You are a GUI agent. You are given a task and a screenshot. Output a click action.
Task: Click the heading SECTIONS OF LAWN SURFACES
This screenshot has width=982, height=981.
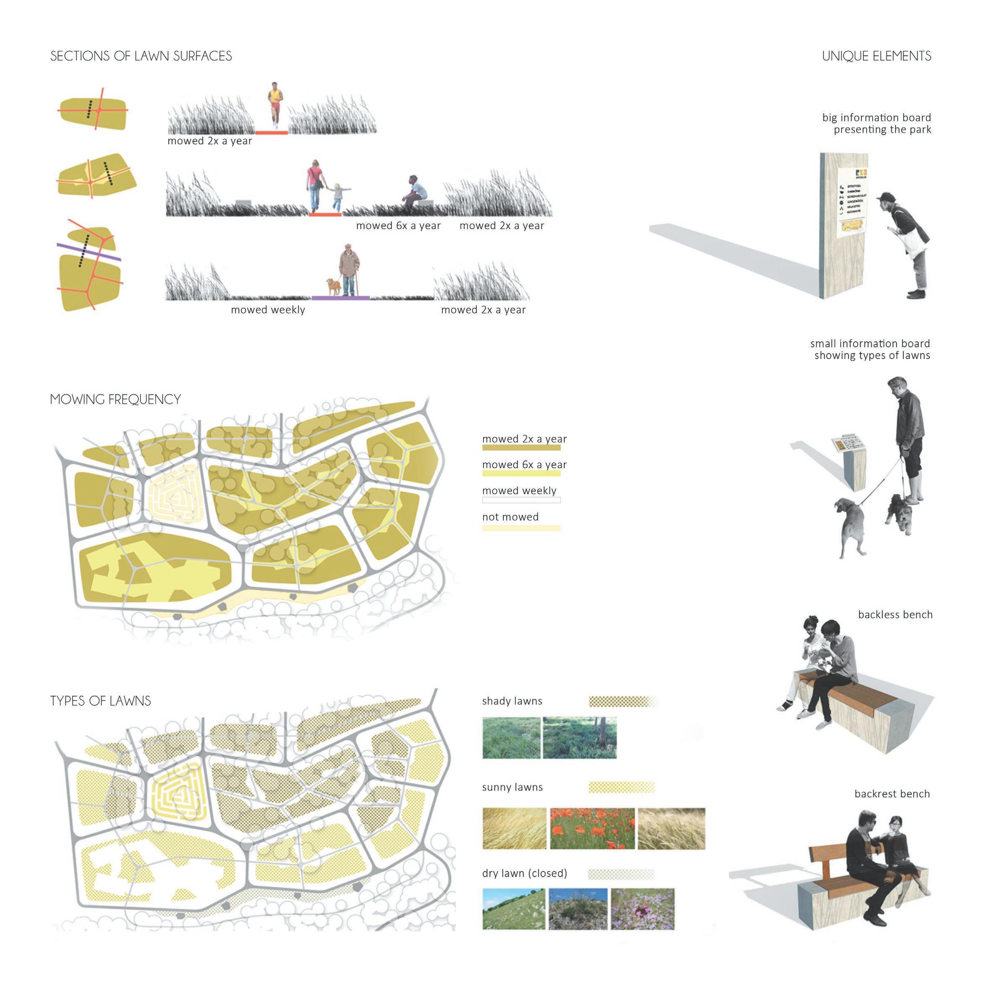[x=141, y=56]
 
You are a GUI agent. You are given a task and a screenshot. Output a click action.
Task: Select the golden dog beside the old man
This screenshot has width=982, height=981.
[x=334, y=287]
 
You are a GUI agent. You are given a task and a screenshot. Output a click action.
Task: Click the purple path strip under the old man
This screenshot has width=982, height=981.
[x=340, y=298]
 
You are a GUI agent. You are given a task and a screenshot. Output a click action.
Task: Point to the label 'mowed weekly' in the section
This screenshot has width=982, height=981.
[x=268, y=310]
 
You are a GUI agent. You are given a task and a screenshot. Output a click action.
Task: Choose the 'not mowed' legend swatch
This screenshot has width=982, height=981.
[x=521, y=528]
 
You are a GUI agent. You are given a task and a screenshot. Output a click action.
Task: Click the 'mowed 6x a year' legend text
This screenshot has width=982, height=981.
[x=524, y=465]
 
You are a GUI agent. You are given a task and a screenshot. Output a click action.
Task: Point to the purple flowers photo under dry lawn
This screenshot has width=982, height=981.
[x=642, y=909]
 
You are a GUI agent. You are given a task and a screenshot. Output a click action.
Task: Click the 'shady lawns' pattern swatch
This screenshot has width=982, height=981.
[x=623, y=701]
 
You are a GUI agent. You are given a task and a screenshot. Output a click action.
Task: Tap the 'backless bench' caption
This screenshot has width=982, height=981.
[x=895, y=614]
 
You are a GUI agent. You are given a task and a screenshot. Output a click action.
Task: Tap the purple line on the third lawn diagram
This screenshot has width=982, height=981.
[x=89, y=252]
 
